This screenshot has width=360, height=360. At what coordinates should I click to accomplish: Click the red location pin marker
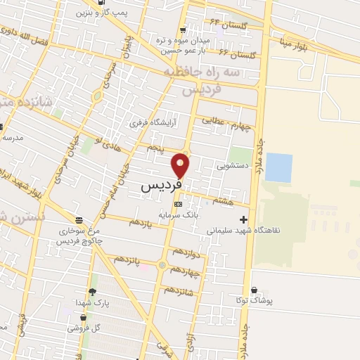181,165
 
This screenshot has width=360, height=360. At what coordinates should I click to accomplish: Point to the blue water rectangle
279,167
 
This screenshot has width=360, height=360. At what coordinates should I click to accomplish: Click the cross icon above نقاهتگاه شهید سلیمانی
244,219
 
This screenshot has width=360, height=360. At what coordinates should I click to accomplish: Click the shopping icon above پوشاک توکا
254,290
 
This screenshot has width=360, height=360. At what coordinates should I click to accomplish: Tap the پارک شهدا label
92,302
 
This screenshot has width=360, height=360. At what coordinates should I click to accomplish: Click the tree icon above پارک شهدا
92,292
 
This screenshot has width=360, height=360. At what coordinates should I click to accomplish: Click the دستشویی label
229,167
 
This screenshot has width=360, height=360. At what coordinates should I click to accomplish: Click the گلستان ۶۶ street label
234,53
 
